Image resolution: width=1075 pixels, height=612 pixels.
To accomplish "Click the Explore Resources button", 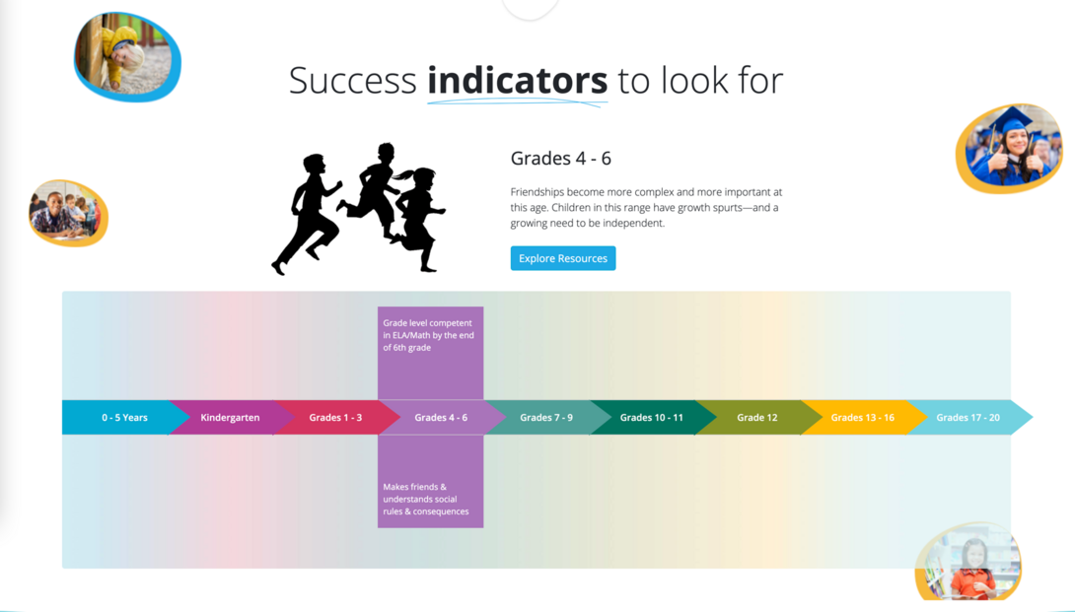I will coord(562,258).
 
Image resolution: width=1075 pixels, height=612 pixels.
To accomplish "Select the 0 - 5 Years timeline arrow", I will coord(124,418).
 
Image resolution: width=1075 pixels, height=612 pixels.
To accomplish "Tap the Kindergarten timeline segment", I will coord(230,418).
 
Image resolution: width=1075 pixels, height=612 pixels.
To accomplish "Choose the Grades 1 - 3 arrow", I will coord(335,418).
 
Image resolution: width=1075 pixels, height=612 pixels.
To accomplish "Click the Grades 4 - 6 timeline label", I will coord(441,418).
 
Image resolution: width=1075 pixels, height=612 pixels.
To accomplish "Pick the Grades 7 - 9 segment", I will coord(545,418).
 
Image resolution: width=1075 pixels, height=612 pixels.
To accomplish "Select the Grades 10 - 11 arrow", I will coord(651,418).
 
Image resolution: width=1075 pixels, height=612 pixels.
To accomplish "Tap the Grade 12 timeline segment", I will coord(756,418).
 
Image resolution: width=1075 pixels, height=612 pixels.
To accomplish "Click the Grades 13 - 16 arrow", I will coord(862,418).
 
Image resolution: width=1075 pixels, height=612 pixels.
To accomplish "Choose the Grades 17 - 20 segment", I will coord(967,418).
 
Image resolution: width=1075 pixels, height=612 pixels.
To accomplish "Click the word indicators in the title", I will coord(517,81).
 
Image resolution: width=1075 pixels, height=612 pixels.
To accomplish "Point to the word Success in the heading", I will coord(352,81).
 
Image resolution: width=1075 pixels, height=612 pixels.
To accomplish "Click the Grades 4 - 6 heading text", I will coord(560,159).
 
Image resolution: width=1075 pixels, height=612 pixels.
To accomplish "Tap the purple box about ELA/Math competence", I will coord(430,352).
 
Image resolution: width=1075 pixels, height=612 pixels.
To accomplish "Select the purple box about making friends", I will coord(430,483).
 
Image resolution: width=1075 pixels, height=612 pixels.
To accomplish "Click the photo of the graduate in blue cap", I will coord(1009,148).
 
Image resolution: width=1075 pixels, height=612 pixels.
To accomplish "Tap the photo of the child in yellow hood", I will coord(127,56).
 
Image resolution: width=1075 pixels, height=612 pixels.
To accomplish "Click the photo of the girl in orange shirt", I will coord(968,563).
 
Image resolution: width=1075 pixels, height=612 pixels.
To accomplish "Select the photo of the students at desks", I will coord(67,212).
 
